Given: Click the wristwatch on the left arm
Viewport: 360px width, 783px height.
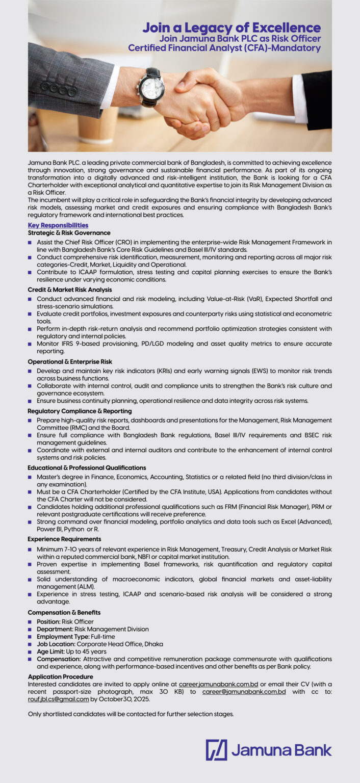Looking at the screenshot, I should pos(150,87).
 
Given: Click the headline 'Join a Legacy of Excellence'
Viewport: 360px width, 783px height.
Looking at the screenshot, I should pos(232,28).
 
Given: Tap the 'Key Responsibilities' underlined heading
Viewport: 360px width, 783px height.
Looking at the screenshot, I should pos(58,225).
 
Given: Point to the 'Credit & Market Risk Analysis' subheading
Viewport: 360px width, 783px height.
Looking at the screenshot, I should pos(70,290).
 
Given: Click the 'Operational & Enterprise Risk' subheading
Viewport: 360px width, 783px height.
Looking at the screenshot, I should pos(70,362).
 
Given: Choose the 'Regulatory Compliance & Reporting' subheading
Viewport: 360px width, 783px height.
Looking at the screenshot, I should pos(80,411).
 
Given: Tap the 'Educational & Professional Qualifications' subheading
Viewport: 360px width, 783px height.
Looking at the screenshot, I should pos(87,467).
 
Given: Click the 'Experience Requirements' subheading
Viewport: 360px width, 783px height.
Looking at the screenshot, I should pos(64,539).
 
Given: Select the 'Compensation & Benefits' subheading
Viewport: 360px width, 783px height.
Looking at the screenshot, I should pos(64,612).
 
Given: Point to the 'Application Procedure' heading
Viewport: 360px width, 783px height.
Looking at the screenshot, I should pos(60,677).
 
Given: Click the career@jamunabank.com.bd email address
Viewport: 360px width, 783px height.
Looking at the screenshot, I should pos(244,692).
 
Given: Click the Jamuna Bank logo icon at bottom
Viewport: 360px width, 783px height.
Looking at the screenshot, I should pos(216,750).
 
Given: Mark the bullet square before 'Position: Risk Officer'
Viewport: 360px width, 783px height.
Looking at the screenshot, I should pos(31,622).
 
